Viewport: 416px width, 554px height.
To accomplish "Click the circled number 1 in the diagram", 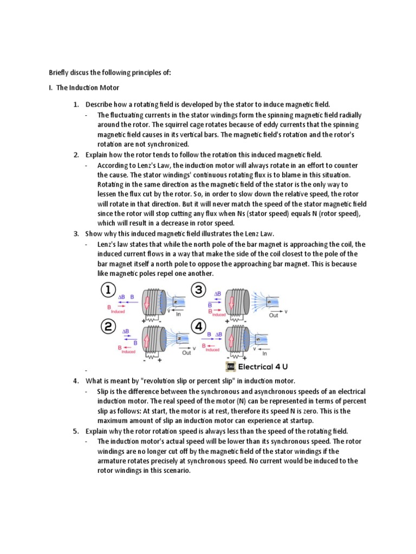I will click(x=109, y=291).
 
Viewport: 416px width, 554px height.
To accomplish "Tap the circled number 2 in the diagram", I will click(x=109, y=326).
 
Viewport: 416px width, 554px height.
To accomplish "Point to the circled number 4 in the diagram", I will click(x=199, y=326).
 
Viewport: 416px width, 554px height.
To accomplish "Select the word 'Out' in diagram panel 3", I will click(x=274, y=315).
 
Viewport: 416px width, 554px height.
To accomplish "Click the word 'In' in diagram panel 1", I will click(x=178, y=314).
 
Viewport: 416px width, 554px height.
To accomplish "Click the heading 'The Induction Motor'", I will click(x=88, y=88).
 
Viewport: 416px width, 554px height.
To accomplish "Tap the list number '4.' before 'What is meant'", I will click(x=76, y=381).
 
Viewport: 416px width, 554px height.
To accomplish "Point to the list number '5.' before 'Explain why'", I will click(x=76, y=431).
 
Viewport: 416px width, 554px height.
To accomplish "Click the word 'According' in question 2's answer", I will click(x=114, y=165).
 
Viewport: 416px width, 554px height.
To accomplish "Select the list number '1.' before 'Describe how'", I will click(x=76, y=104).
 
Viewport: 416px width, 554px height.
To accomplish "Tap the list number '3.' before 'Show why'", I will click(x=76, y=234).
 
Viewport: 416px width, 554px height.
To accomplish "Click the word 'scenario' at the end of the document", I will click(x=175, y=471).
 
